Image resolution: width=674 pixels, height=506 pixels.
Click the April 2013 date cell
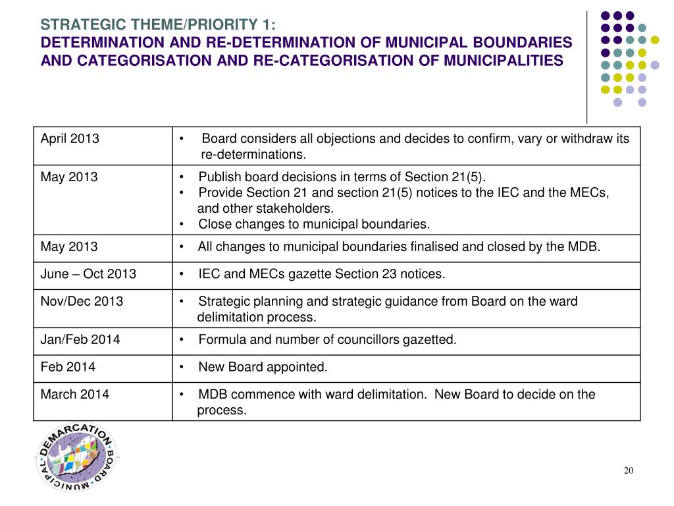(x=70, y=139)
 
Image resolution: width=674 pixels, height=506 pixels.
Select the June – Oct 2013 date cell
(x=88, y=274)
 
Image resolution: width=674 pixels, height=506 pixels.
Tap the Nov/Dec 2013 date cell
(x=82, y=302)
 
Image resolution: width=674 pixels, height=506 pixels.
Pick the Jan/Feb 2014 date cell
(x=80, y=340)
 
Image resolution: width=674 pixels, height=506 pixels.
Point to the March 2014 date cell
(x=75, y=395)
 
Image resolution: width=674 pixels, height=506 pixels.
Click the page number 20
(x=628, y=470)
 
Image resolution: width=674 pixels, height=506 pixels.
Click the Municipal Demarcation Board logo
(x=76, y=456)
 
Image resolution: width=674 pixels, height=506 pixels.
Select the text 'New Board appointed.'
(x=263, y=367)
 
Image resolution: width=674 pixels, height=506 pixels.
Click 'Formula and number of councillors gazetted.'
(x=327, y=340)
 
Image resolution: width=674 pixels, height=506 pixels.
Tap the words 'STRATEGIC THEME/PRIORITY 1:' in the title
(x=159, y=25)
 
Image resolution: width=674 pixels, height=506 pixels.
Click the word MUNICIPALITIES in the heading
(x=504, y=61)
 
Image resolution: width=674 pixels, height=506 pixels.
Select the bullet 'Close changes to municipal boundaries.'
(x=314, y=224)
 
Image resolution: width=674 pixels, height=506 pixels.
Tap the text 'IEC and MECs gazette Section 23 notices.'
(x=321, y=274)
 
